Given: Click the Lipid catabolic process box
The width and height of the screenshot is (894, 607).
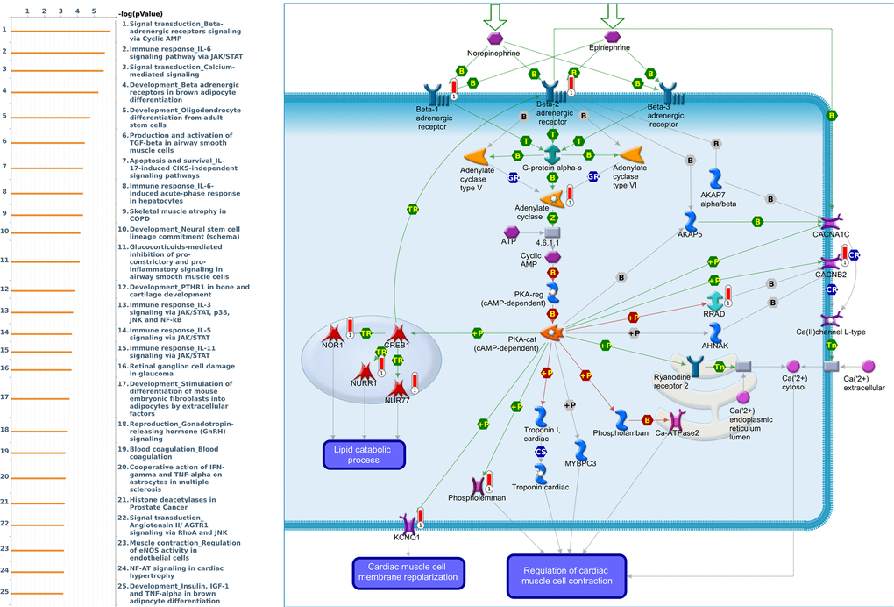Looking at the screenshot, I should click(363, 454).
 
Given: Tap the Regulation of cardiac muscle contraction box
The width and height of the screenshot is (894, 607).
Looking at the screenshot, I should click(566, 575).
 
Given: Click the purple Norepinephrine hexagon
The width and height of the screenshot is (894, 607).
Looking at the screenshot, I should click(496, 39).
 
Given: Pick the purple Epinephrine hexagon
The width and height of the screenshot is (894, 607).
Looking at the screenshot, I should click(612, 37).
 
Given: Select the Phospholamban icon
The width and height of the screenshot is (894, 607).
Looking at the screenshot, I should click(621, 419).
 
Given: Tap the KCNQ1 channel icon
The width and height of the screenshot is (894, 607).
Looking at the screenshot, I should click(408, 524).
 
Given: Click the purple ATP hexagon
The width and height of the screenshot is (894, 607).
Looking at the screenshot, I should click(512, 232).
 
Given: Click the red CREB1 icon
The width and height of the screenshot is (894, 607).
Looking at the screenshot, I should click(399, 333).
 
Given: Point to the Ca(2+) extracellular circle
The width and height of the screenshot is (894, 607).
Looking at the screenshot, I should click(869, 365).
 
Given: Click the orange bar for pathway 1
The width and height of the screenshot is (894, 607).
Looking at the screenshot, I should click(60, 31).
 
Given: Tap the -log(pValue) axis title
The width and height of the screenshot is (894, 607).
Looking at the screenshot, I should click(138, 13).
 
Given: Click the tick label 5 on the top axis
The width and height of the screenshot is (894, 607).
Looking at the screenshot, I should click(94, 11).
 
